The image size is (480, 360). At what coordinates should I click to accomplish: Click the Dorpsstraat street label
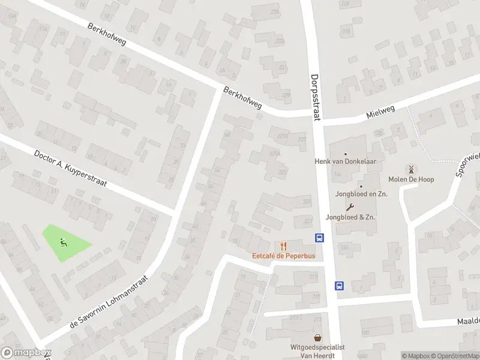point(316,98)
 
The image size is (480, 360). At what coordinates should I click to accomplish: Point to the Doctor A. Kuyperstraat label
point(71,169)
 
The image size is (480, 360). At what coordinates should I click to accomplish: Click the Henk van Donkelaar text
point(345,161)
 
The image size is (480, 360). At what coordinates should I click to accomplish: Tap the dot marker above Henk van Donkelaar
point(346,154)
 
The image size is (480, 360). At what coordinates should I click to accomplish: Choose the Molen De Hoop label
point(411,179)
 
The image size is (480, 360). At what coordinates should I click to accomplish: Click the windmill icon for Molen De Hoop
point(411,169)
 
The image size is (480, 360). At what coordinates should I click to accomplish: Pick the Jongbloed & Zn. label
point(350,217)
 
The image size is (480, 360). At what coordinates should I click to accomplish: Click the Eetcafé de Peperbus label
point(283,256)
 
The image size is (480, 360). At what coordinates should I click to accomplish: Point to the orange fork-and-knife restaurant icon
point(283,246)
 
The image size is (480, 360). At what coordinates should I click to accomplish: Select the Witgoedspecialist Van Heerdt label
point(318,351)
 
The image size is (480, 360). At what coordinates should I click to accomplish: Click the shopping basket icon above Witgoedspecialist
point(317,337)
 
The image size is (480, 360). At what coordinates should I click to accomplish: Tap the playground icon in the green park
point(64,242)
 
